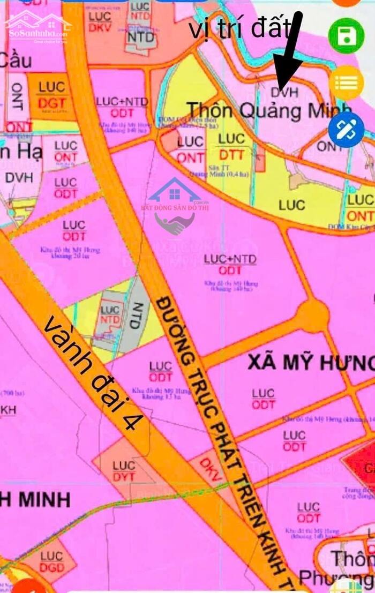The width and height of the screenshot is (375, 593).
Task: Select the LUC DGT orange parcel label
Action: pyautogui.click(x=51, y=95)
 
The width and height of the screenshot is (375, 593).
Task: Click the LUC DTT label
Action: pyautogui.click(x=231, y=148)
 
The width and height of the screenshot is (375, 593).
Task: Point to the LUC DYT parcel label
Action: pyautogui.click(x=124, y=471)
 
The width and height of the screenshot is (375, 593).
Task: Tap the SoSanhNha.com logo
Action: pyautogui.click(x=37, y=26)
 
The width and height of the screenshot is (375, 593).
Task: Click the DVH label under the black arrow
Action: pyautogui.click(x=284, y=92)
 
